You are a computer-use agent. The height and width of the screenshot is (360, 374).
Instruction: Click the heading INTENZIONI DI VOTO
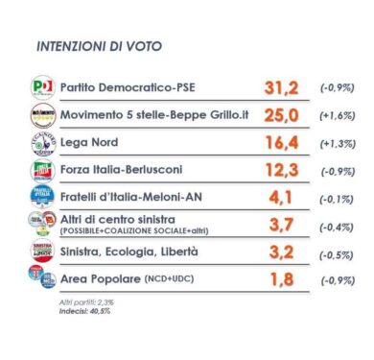coord(98,46)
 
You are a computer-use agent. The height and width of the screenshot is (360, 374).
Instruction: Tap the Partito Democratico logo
coord(43,87)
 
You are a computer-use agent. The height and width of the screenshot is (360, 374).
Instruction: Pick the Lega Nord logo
coord(43,143)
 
